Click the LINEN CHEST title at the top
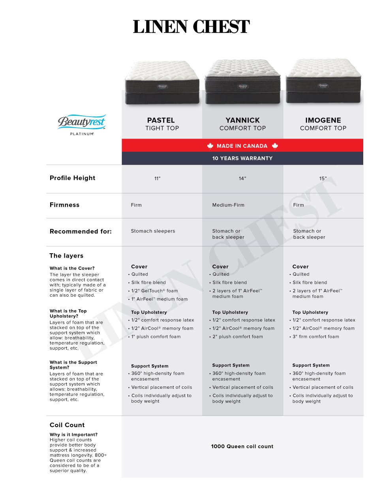(x=191, y=27)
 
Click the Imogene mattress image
(x=323, y=81)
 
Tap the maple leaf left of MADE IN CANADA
(x=210, y=146)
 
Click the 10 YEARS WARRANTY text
(x=242, y=158)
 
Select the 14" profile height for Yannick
(x=242, y=179)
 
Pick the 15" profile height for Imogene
(x=323, y=179)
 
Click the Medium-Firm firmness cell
(x=228, y=205)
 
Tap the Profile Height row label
(x=73, y=178)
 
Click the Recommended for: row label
(x=81, y=232)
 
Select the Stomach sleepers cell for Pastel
(x=153, y=231)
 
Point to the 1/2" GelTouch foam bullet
(x=154, y=291)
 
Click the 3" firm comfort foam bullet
(x=315, y=337)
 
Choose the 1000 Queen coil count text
(x=242, y=446)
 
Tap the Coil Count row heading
(x=67, y=425)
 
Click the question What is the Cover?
(x=72, y=268)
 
